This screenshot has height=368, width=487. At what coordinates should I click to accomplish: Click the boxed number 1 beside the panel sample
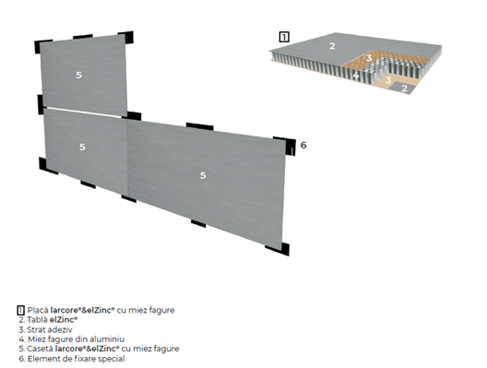click(284, 37)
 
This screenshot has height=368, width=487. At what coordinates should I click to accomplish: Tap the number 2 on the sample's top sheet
click(332, 46)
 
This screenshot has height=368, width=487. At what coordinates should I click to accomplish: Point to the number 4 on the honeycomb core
click(356, 75)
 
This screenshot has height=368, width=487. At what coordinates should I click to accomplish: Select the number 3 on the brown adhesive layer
click(369, 58)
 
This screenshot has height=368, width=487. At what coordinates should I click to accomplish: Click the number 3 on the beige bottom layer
click(388, 80)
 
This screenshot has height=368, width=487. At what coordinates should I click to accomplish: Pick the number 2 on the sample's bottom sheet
click(404, 89)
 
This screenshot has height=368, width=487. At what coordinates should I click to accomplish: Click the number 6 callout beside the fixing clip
click(303, 145)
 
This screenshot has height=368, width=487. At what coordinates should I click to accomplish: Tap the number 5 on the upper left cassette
click(79, 75)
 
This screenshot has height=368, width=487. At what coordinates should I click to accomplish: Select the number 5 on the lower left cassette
click(82, 147)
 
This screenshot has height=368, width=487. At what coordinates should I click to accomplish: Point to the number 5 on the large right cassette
click(203, 175)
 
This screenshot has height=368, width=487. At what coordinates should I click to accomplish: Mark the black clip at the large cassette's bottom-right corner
click(279, 249)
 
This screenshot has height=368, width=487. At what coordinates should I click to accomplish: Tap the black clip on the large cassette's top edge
click(199, 126)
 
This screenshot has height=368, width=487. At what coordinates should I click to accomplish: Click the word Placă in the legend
click(38, 310)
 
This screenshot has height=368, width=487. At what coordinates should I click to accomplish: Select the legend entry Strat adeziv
click(50, 329)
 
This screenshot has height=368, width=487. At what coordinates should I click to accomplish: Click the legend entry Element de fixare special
click(76, 359)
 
